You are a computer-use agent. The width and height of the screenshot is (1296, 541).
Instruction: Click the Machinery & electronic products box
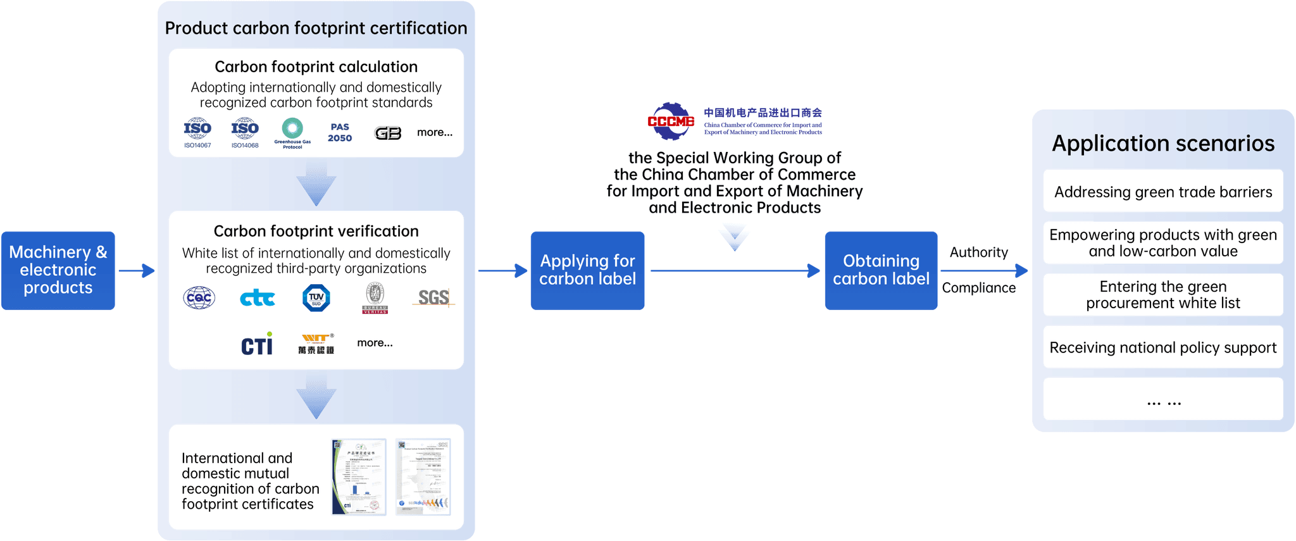58,270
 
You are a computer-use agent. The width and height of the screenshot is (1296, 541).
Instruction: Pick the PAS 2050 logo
340,132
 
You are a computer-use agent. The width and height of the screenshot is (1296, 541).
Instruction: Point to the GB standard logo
387,133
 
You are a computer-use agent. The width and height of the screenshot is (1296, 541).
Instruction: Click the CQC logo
199,297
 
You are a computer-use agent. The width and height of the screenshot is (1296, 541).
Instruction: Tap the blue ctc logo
258,298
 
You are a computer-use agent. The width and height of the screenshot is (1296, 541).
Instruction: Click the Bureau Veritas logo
375,298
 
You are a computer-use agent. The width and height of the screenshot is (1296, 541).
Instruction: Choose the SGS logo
434,297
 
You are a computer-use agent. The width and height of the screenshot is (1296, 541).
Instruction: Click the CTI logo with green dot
257,344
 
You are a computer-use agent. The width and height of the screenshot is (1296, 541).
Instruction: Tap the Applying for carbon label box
587,270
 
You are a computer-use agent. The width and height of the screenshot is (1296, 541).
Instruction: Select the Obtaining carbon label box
881,270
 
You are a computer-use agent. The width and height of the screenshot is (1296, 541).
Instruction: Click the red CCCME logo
671,121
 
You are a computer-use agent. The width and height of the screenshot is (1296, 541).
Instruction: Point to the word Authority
978,252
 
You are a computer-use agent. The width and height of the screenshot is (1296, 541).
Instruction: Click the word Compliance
978,288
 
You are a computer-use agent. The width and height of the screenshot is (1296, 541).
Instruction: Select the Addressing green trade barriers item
1162,191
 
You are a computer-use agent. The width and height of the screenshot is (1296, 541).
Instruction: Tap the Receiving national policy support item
1162,347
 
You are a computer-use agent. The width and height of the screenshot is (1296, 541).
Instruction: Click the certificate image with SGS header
423,476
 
